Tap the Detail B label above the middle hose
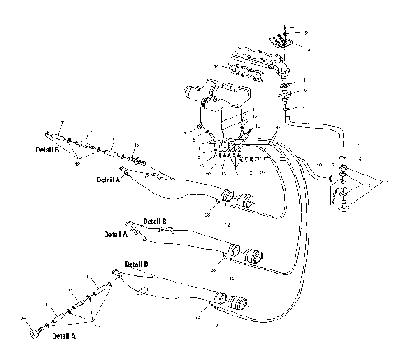coord(156,221)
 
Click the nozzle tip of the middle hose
coord(128,222)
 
